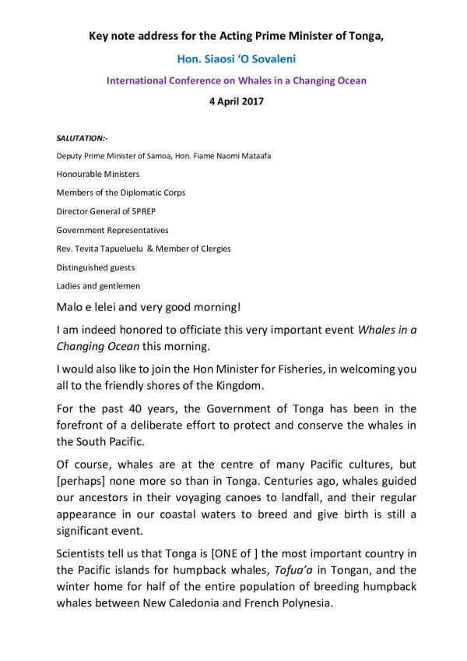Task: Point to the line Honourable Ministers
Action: click(98, 174)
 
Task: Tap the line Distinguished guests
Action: click(95, 267)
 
